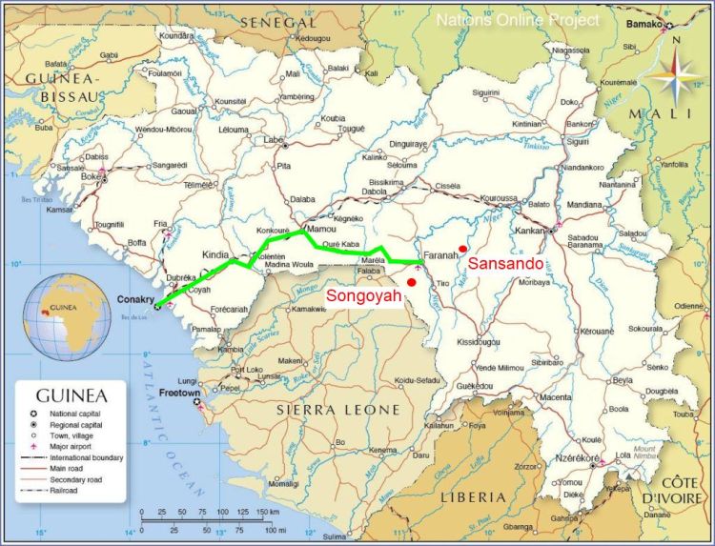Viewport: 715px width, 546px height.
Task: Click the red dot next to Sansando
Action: [461, 250]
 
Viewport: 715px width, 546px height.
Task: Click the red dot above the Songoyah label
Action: [411, 282]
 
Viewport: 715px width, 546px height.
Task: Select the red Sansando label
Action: [506, 263]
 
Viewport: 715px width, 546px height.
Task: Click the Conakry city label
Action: [134, 298]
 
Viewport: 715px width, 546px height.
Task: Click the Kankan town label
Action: [529, 231]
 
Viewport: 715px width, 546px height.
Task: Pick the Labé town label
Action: [275, 140]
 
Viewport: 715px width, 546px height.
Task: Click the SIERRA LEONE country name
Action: [337, 410]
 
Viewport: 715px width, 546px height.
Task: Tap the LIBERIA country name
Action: [473, 496]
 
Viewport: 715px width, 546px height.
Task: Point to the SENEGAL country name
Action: [278, 21]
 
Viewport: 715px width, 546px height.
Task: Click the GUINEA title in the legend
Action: [71, 394]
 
